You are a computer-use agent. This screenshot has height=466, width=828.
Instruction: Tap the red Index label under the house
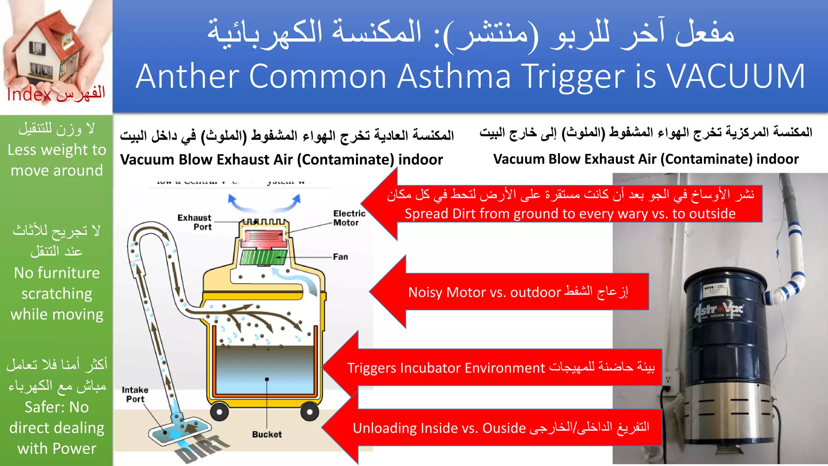click(x=29, y=95)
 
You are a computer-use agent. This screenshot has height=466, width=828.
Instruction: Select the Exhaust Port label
click(x=194, y=222)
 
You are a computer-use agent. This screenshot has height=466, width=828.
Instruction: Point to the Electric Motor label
click(x=349, y=218)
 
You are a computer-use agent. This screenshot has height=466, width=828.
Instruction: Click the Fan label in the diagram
click(x=340, y=257)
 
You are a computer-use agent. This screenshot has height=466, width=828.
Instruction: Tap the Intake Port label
click(x=135, y=394)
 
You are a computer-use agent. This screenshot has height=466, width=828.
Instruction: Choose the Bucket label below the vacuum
click(x=267, y=434)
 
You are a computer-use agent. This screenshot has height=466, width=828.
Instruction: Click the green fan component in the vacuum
click(x=263, y=257)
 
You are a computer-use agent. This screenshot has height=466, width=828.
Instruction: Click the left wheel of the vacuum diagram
click(x=219, y=412)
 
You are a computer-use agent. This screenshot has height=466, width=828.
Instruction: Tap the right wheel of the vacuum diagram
click(x=309, y=412)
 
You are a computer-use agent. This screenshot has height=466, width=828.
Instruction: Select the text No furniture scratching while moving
click(x=57, y=294)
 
